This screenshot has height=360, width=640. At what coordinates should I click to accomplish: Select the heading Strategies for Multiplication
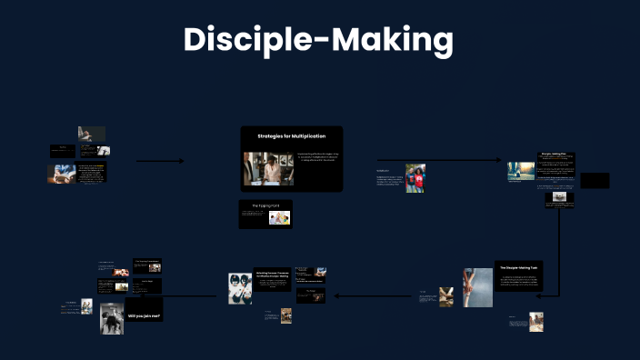pyautogui.click(x=291, y=135)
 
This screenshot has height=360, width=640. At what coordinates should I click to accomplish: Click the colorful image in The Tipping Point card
pyautogui.click(x=279, y=217)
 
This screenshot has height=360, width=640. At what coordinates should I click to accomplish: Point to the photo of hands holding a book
pyautogui.click(x=62, y=174)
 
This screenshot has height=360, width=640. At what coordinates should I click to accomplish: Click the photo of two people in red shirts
pyautogui.click(x=415, y=178)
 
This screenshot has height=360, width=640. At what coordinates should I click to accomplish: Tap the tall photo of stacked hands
pyautogui.click(x=478, y=286)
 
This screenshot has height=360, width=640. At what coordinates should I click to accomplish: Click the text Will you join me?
pyautogui.click(x=145, y=315)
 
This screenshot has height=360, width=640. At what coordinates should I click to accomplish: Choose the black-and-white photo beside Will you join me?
pyautogui.click(x=112, y=318)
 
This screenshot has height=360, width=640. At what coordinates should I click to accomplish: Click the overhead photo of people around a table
pyautogui.click(x=240, y=288)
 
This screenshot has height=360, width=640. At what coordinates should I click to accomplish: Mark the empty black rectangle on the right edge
pyautogui.click(x=595, y=180)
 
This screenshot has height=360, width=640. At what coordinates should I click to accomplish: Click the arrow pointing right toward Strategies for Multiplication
pyautogui.click(x=160, y=162)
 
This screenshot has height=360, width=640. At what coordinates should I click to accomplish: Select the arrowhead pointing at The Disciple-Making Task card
pyautogui.click(x=539, y=295)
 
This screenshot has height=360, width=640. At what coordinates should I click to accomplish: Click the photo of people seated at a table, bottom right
pyautogui.click(x=535, y=322)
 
